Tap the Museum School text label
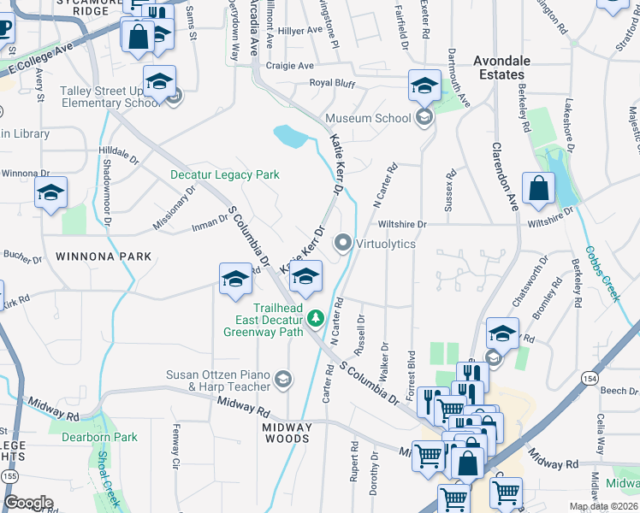coord(369,118)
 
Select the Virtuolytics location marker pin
coord(344,244)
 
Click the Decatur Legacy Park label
coord(225,174)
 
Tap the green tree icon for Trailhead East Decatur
coord(316,318)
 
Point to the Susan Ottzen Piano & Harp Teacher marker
coord(283,379)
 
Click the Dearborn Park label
coord(99,437)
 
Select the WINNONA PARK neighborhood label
coord(103,256)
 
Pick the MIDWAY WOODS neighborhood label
coord(286,439)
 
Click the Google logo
coord(28,503)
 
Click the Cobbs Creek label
coord(601,274)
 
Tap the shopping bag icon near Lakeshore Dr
coord(538,190)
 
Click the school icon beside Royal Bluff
coord(424,85)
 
